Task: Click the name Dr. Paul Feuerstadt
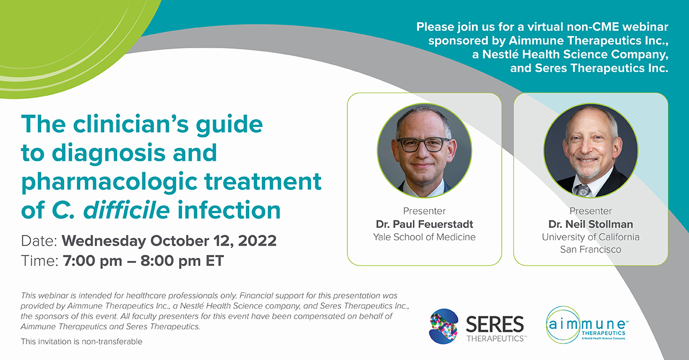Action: pyautogui.click(x=424, y=224)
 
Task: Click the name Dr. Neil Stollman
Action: pyautogui.click(x=590, y=224)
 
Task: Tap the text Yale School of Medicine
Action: pyautogui.click(x=424, y=237)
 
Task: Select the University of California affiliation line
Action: pyautogui.click(x=590, y=237)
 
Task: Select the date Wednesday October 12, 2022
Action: pyautogui.click(x=169, y=240)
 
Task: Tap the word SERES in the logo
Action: pyautogui.click(x=494, y=324)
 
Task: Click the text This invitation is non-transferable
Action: pyautogui.click(x=81, y=342)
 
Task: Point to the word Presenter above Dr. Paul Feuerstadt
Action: pyautogui.click(x=424, y=211)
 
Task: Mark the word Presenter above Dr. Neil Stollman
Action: pyautogui.click(x=590, y=211)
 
